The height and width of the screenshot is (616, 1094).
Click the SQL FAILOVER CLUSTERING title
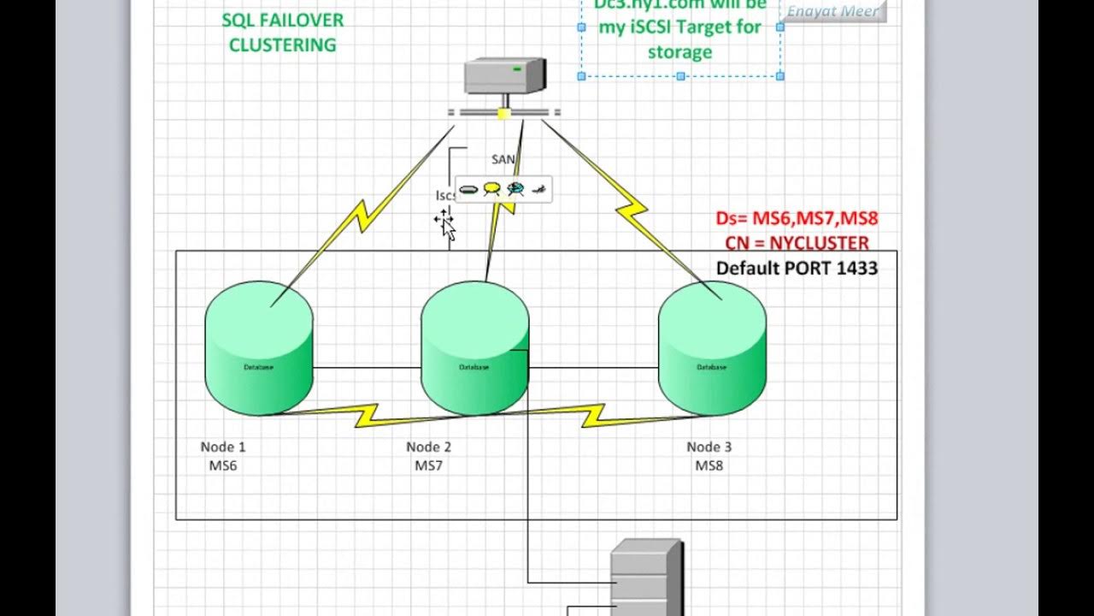point(282,33)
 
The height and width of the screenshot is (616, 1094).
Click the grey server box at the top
point(504,75)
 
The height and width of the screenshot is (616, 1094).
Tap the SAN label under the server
point(503,159)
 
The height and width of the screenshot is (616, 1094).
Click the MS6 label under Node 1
point(223,466)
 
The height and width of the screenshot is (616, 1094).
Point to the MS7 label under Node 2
point(428,466)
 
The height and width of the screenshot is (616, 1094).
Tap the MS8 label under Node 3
point(709,466)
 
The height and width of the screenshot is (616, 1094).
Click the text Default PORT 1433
point(797,269)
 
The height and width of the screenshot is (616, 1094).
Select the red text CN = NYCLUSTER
point(797,243)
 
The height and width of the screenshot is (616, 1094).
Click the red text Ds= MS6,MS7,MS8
point(797,219)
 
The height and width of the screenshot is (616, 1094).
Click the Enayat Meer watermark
point(832,11)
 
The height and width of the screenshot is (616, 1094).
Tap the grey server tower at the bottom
point(645,578)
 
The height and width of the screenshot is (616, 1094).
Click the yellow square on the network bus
point(504,112)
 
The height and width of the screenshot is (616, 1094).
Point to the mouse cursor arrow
point(445,226)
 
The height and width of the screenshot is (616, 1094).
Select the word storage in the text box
point(679,52)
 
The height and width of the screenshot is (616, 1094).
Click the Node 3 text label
point(709,447)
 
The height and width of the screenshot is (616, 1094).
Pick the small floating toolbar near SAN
point(503,189)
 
